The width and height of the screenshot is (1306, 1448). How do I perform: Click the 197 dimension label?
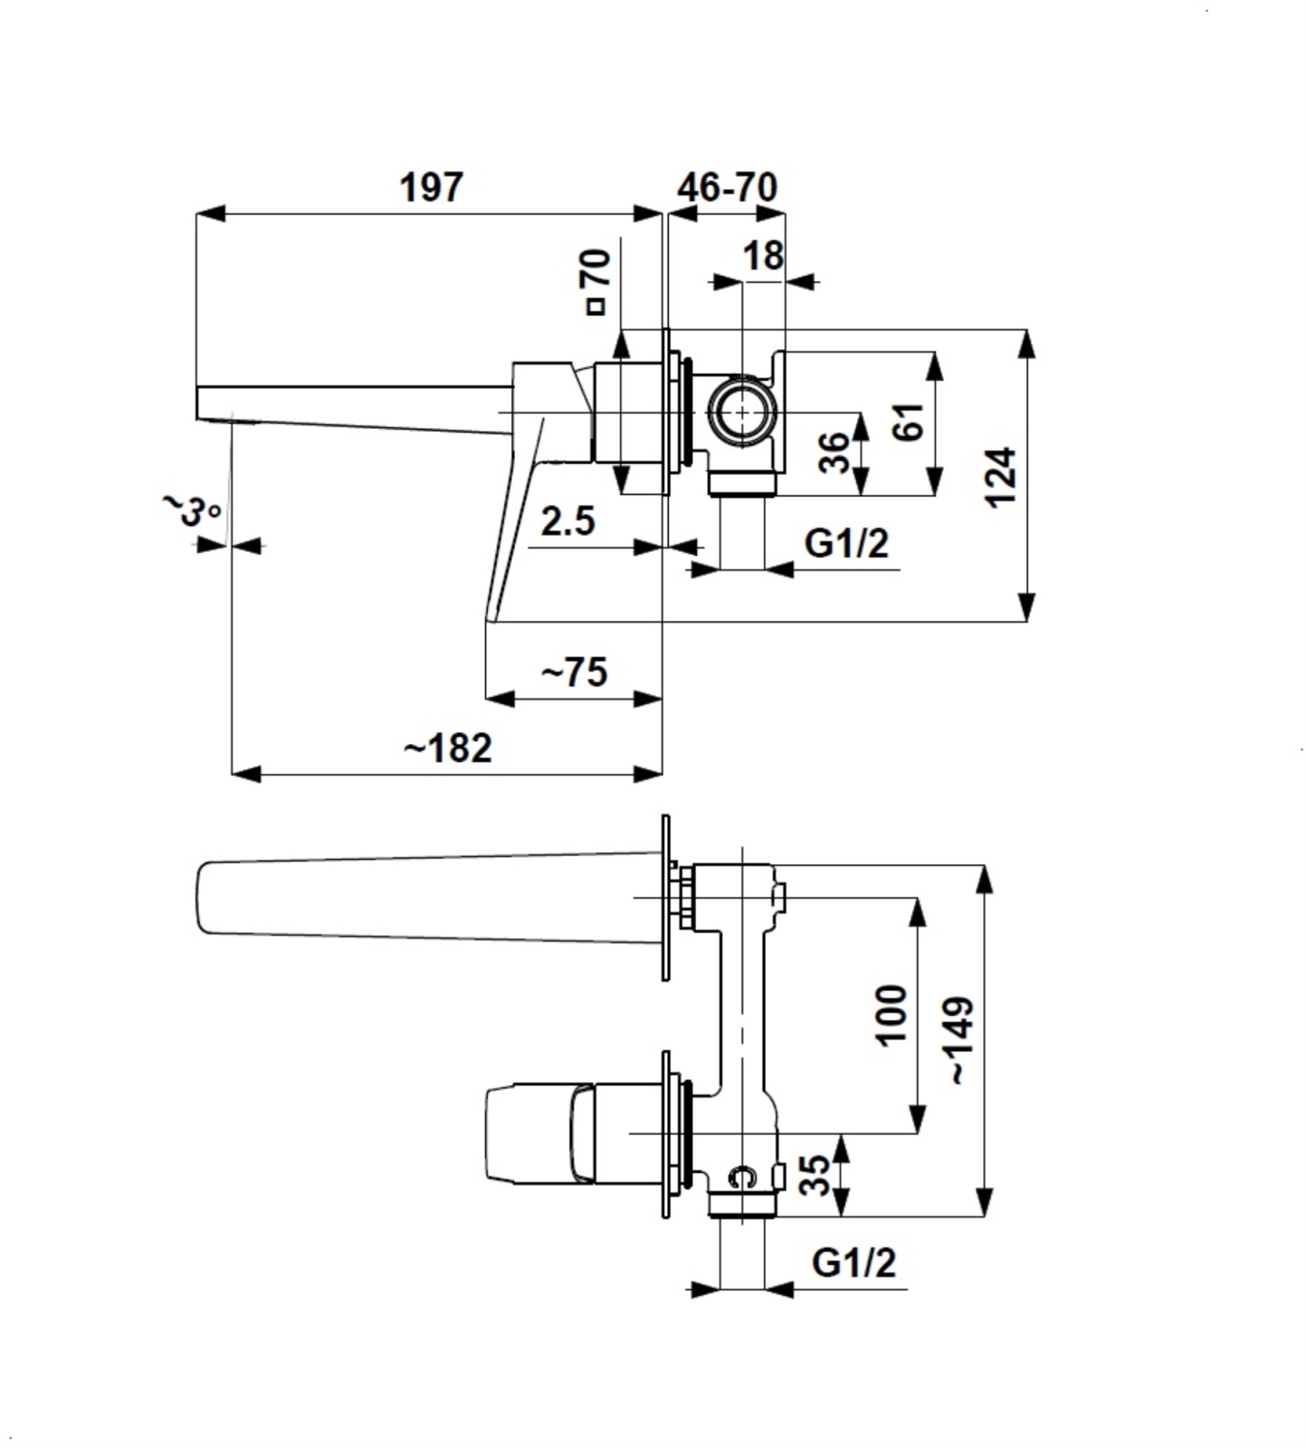(432, 187)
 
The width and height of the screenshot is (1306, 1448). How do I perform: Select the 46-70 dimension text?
(727, 187)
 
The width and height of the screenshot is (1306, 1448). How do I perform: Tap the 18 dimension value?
(763, 256)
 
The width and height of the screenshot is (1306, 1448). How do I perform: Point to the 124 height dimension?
(1001, 476)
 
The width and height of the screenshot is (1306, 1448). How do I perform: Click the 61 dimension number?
(909, 422)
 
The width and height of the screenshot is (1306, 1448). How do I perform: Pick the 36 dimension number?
(834, 452)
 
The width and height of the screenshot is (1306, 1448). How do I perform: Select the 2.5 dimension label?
(568, 521)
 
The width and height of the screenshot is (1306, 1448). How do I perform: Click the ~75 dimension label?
(574, 672)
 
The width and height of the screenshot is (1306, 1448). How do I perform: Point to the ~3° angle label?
(191, 510)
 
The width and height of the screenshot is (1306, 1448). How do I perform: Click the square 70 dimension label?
(597, 281)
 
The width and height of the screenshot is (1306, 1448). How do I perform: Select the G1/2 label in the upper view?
(846, 544)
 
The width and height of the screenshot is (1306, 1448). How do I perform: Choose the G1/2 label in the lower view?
(853, 1262)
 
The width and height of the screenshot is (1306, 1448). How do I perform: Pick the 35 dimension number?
(815, 1175)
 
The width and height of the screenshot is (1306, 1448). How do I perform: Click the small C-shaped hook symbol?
(742, 1176)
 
